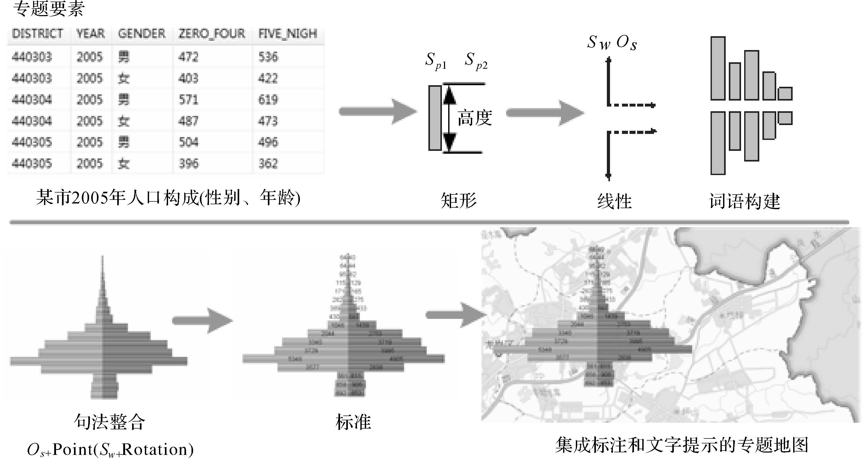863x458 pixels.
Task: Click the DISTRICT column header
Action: coord(37,34)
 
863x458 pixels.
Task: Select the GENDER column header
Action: coord(141,34)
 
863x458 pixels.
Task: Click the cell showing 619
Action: coord(268,100)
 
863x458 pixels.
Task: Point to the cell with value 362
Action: coord(268,164)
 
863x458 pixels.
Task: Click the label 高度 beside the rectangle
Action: coord(474,118)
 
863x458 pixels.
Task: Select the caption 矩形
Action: coord(458,201)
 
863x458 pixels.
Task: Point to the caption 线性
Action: coord(614,201)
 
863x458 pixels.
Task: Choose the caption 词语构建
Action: coord(744,201)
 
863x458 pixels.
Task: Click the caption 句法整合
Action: coord(109,422)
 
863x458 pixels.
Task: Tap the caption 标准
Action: coord(353,422)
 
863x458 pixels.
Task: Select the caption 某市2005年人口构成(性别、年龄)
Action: coord(168,198)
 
